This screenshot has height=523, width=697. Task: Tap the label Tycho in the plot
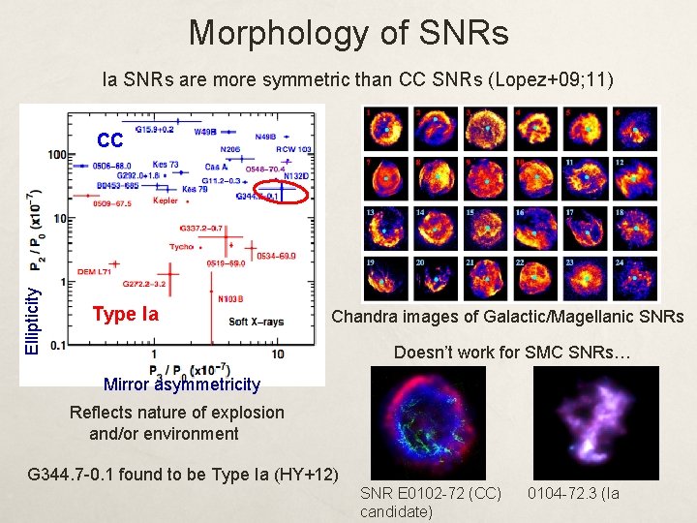[181, 247]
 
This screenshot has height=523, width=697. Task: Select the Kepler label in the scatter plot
[166, 201]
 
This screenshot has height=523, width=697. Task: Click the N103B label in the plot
[232, 298]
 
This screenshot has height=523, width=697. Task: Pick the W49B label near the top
[205, 131]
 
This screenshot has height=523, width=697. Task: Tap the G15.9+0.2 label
[154, 128]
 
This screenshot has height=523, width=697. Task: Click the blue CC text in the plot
[109, 140]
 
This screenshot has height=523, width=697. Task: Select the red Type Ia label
[125, 314]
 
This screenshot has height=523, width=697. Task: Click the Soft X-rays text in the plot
[257, 322]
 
